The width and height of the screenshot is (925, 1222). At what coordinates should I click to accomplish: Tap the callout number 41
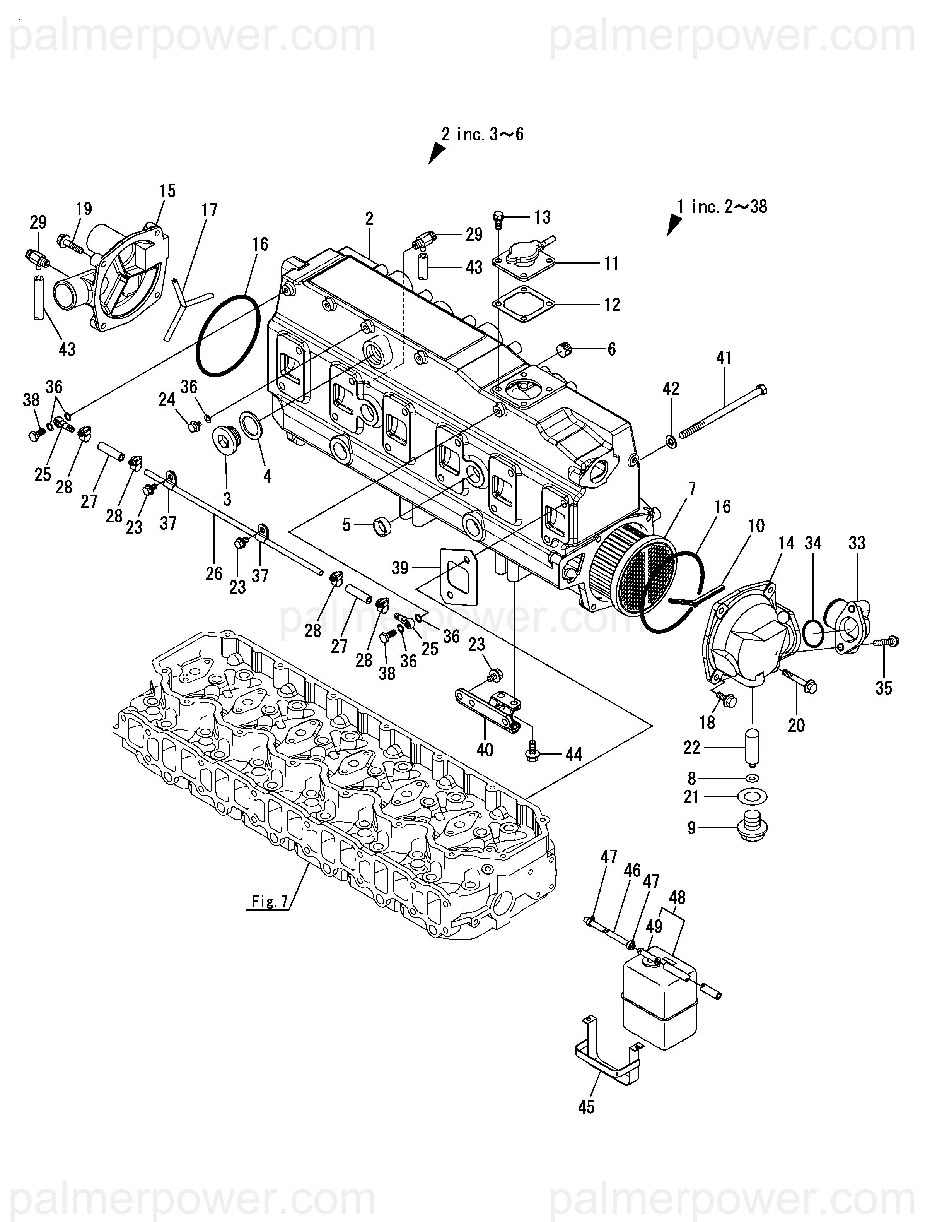[724, 358]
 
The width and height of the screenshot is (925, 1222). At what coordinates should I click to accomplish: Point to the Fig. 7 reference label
[270, 902]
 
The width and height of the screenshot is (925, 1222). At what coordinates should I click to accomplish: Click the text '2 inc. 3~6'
[482, 134]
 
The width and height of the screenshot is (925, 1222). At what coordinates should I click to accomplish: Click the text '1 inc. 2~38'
[722, 206]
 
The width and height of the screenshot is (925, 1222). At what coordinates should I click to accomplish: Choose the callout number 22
[691, 748]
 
